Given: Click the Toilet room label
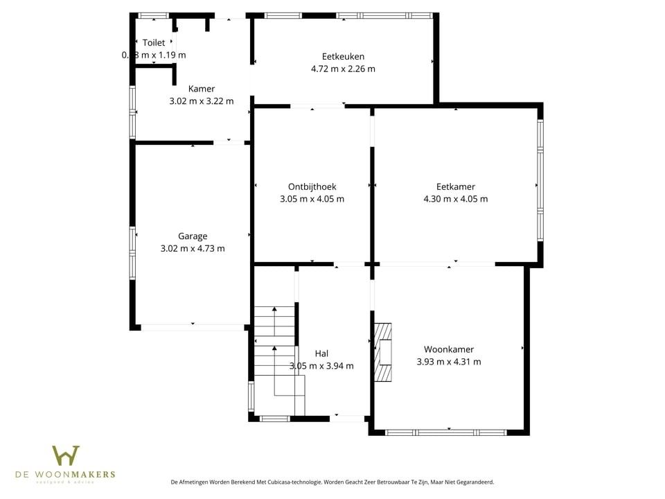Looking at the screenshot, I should click(x=154, y=43).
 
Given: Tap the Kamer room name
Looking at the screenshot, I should click(x=202, y=89).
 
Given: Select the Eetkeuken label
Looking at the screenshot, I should click(x=343, y=56).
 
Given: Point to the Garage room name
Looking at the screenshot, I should click(x=193, y=236).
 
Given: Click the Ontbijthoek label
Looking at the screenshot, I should click(x=312, y=186).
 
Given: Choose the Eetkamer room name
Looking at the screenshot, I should click(x=455, y=186).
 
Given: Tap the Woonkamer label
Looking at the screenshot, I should click(x=449, y=349).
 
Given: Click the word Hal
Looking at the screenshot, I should click(x=321, y=353).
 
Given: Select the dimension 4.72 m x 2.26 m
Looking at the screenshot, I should click(x=343, y=69).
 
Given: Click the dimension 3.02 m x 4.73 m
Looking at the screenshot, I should click(x=193, y=248).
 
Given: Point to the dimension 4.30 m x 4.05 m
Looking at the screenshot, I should click(x=455, y=199).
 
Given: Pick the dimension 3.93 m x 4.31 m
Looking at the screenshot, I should click(x=449, y=362).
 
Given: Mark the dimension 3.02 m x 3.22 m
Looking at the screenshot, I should click(x=202, y=100).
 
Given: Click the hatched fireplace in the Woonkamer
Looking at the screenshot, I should click(x=382, y=352).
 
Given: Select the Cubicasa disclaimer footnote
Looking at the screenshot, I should click(x=332, y=482).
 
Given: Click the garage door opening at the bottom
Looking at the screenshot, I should click(x=193, y=326).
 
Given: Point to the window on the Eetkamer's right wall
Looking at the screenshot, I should click(x=540, y=180).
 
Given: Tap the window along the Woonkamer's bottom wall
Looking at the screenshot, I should click(x=445, y=432).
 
